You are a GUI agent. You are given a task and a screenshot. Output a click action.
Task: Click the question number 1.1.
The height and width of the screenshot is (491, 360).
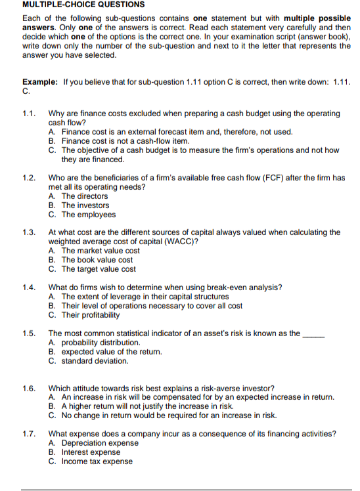29,114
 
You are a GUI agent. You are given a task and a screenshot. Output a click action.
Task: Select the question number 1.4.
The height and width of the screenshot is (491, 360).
29,288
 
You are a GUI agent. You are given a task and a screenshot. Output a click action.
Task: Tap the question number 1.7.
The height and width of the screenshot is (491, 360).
29,434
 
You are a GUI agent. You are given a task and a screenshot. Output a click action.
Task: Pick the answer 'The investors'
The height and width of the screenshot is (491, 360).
85,205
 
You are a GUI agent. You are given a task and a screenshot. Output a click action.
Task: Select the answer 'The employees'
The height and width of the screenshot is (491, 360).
88,214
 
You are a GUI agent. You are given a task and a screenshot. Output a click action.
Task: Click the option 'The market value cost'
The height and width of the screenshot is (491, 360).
100,250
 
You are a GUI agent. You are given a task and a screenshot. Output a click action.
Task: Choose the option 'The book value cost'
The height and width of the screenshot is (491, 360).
97,259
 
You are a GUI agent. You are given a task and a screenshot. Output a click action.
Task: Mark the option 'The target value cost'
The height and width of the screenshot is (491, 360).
99,268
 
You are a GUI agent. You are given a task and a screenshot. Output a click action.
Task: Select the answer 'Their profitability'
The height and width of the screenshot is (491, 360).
91,314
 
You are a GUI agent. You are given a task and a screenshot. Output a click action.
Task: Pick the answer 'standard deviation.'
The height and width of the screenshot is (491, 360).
95,360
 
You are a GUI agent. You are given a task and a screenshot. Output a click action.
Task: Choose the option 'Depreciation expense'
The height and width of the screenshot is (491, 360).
100,442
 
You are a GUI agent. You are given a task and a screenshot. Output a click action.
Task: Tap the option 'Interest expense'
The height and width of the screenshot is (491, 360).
91,452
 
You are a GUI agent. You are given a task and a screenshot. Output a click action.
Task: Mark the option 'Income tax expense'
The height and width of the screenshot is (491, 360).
97,461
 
